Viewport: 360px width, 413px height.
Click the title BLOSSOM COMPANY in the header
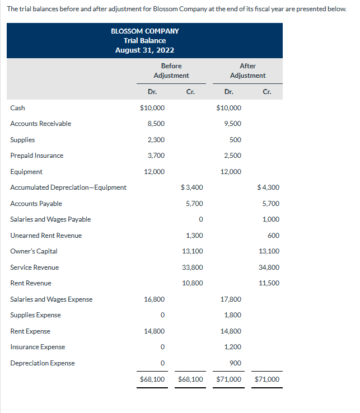tap(144, 31)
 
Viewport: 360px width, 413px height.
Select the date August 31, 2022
tap(144, 50)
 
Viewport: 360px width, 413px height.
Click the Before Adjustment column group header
tap(171, 71)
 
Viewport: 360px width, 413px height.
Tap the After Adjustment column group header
tap(247, 71)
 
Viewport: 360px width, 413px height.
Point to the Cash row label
tap(17, 108)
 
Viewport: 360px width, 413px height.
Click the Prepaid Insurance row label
tap(37, 156)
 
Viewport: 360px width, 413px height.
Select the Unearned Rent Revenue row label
tap(46, 236)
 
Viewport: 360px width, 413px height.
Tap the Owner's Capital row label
tap(34, 251)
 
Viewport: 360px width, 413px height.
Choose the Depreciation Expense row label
tap(43, 363)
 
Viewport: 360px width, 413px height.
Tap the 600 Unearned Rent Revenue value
tap(274, 236)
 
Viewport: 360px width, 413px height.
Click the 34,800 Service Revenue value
tap(269, 267)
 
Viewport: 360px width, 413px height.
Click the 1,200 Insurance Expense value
tap(233, 347)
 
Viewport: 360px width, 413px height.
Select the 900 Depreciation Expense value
tap(236, 363)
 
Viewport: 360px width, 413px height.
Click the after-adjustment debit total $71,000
tap(228, 379)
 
